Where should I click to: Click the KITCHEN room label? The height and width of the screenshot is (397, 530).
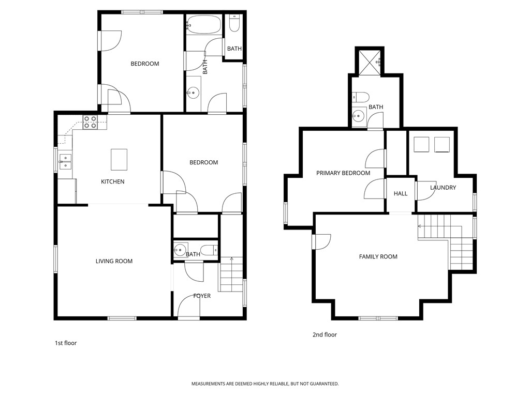click(112, 181)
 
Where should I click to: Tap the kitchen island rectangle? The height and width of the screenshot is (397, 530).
click(119, 159)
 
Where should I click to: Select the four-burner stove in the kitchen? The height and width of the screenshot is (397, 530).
click(90, 122)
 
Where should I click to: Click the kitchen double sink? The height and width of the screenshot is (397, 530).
click(65, 162)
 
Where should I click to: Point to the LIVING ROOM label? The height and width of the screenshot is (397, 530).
click(114, 261)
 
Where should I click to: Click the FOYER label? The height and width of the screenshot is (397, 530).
click(202, 296)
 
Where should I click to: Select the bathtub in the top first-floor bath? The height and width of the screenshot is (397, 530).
click(203, 24)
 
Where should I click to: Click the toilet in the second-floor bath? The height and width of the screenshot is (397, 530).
click(360, 97)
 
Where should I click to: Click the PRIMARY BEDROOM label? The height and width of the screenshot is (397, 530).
click(343, 173)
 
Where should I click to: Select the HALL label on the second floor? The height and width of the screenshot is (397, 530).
click(401, 193)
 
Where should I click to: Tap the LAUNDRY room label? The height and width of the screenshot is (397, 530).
click(443, 188)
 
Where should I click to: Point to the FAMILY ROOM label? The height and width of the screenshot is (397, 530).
click(378, 256)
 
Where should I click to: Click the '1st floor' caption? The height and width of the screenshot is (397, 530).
click(66, 343)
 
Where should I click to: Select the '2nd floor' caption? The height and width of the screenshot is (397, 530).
click(325, 334)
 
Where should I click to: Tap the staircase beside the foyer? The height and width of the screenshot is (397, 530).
click(231, 277)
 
